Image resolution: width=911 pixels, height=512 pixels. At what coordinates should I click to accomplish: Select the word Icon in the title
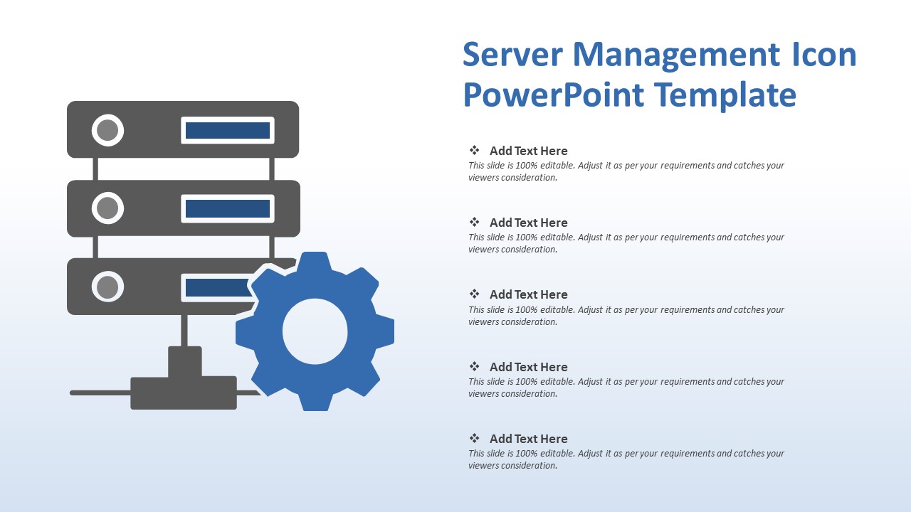(825, 55)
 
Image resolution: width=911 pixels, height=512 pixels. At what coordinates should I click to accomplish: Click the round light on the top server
(107, 130)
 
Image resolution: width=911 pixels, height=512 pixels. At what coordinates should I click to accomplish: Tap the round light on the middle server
(107, 208)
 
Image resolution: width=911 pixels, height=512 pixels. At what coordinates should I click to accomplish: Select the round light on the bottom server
(107, 287)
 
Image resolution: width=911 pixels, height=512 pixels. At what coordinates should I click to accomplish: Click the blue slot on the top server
(228, 130)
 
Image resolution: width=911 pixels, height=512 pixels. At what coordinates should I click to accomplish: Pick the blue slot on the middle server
(228, 208)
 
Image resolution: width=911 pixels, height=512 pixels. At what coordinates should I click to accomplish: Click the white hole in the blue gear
(315, 331)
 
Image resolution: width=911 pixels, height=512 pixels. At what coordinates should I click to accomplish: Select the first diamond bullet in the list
(474, 150)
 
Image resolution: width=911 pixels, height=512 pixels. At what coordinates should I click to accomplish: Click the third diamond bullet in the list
(474, 294)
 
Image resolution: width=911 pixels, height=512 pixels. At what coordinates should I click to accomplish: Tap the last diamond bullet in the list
(474, 438)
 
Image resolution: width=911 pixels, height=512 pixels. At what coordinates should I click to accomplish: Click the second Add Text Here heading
(528, 223)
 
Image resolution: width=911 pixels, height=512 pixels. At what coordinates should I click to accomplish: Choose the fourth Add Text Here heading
(528, 367)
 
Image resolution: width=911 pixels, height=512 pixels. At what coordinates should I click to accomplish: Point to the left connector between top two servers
(95, 169)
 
